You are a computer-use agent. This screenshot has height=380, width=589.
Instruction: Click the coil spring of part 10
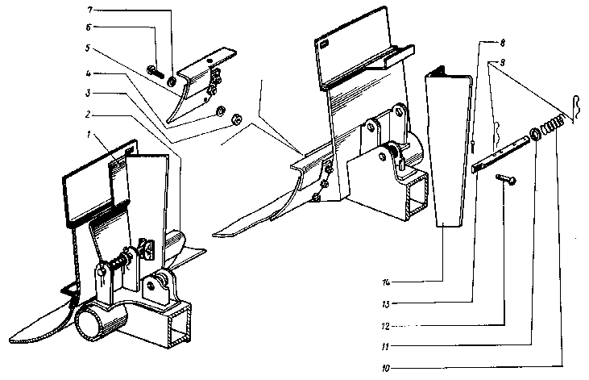(550, 127)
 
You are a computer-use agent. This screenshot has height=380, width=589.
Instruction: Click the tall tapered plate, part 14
(448, 153)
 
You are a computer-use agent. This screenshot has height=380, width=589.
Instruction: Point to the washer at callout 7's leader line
(172, 81)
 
